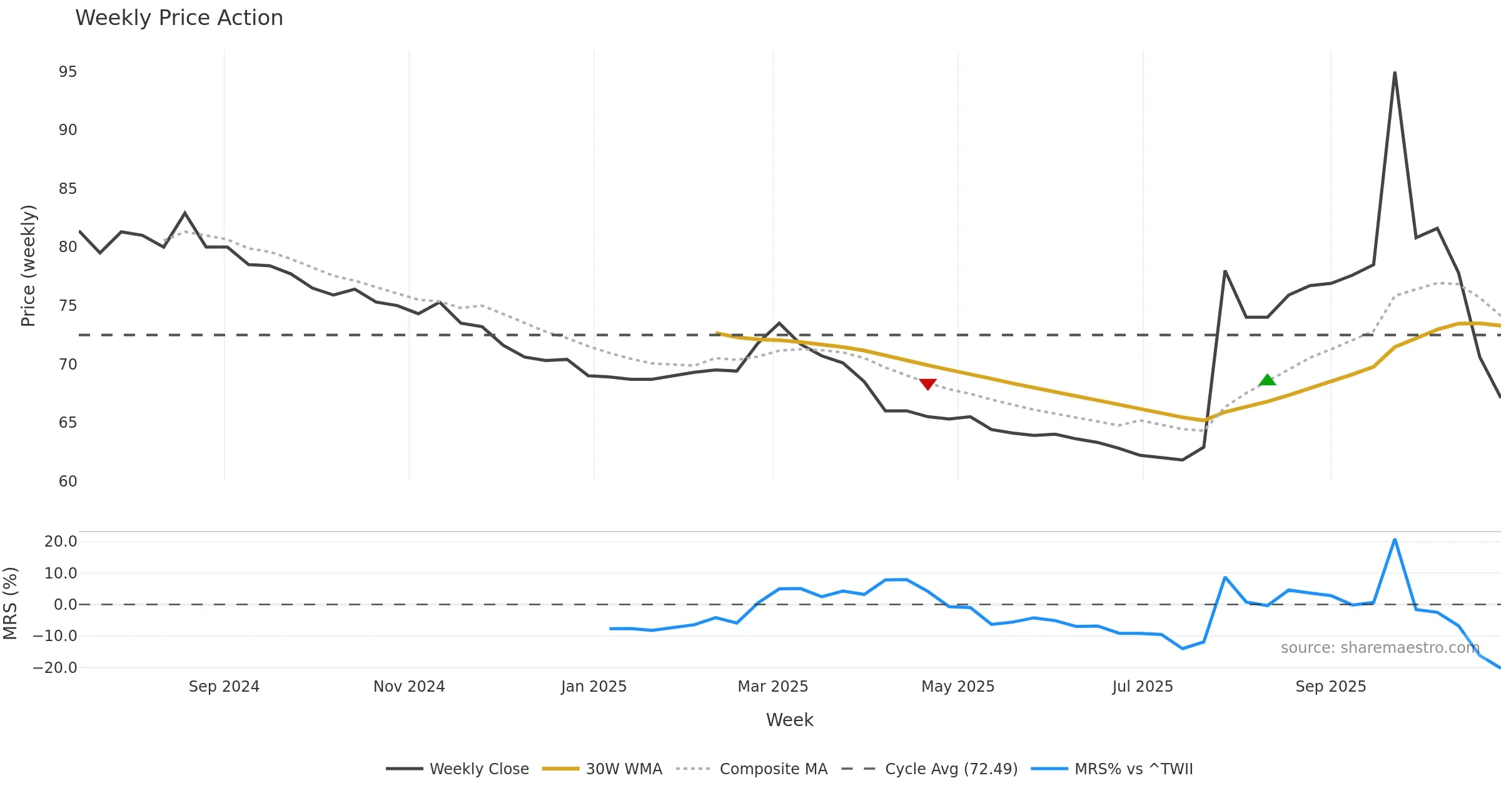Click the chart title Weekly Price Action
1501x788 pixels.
(x=179, y=18)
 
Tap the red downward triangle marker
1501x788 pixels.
(x=927, y=384)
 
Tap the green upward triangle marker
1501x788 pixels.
(x=1267, y=380)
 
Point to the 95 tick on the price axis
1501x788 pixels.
(x=68, y=72)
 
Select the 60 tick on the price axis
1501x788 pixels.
(x=68, y=482)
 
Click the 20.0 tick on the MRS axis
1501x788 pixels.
(x=61, y=542)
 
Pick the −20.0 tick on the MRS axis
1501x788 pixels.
(x=55, y=668)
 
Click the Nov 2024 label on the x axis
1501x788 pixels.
(x=409, y=687)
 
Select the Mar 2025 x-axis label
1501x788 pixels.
(x=773, y=687)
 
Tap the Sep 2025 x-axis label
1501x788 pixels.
(x=1331, y=687)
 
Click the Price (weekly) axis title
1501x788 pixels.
(x=29, y=266)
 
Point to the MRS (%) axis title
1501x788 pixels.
(x=11, y=604)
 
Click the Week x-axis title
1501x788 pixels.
(x=789, y=720)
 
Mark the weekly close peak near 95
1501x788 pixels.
(x=1395, y=73)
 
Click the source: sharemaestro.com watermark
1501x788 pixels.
(x=1380, y=648)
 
